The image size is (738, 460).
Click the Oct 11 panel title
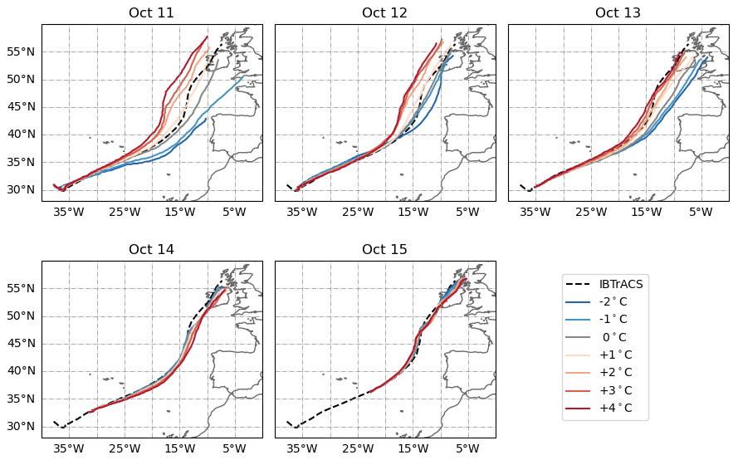(x=152, y=12)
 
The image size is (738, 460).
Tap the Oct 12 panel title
(x=385, y=12)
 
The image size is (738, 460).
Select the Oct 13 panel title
(x=618, y=12)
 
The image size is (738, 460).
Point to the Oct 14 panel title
(x=152, y=249)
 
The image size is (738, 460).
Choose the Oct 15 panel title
(x=385, y=249)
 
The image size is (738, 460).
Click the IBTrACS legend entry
(x=621, y=284)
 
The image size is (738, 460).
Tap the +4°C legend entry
(x=614, y=408)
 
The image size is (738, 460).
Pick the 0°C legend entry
(x=614, y=337)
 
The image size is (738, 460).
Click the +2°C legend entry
(x=614, y=372)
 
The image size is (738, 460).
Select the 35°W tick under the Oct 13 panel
(x=535, y=212)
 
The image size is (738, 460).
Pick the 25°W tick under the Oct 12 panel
(x=358, y=212)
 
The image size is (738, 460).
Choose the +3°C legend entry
(x=614, y=390)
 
